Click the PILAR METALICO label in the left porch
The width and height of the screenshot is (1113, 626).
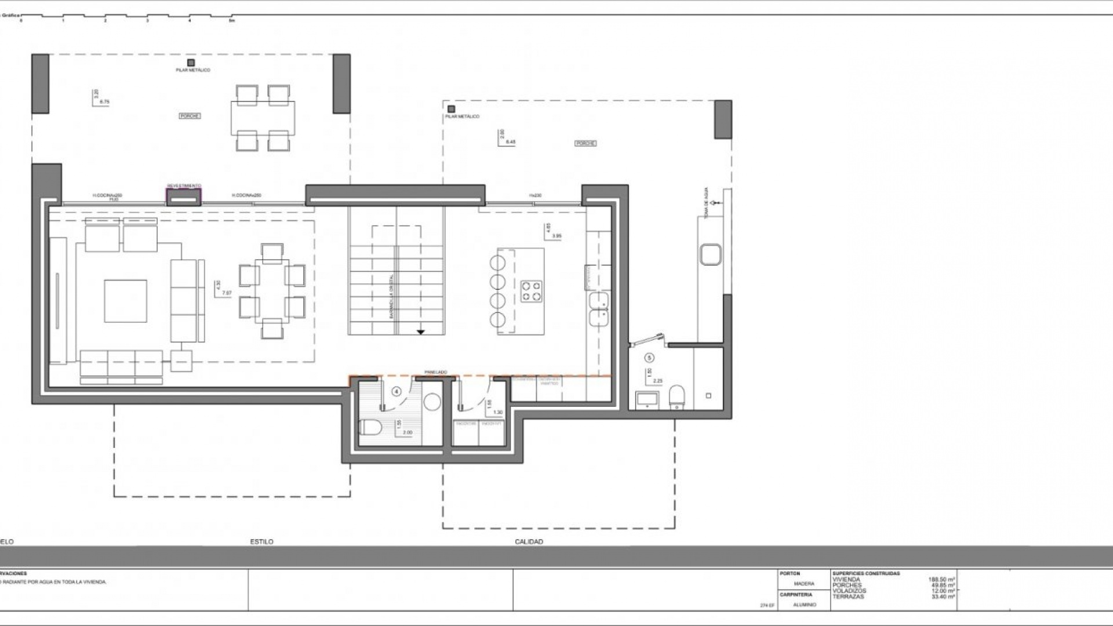(x=193, y=70)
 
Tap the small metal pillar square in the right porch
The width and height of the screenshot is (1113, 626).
(x=451, y=108)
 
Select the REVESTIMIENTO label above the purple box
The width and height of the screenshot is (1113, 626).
(x=184, y=185)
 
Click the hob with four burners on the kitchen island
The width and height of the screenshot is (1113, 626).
(x=531, y=292)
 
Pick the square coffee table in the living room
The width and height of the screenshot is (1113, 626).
(x=125, y=301)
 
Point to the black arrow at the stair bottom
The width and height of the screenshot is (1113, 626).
(x=421, y=332)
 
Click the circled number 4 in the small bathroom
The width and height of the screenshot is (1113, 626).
(x=397, y=391)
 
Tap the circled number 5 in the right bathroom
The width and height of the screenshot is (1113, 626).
(x=649, y=358)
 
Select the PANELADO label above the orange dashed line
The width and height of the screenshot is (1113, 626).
(x=435, y=372)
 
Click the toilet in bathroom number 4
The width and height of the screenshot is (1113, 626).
(x=370, y=428)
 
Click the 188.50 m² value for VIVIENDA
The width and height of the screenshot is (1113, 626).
(x=941, y=579)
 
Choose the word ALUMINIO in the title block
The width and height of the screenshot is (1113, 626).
(x=804, y=605)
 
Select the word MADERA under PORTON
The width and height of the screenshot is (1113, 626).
(x=804, y=584)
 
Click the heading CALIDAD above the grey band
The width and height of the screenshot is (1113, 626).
(x=529, y=542)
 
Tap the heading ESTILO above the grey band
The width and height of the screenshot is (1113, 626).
(x=261, y=542)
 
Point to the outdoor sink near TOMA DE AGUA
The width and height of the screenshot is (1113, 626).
(x=710, y=254)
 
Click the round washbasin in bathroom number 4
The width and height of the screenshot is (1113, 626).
(x=431, y=402)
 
